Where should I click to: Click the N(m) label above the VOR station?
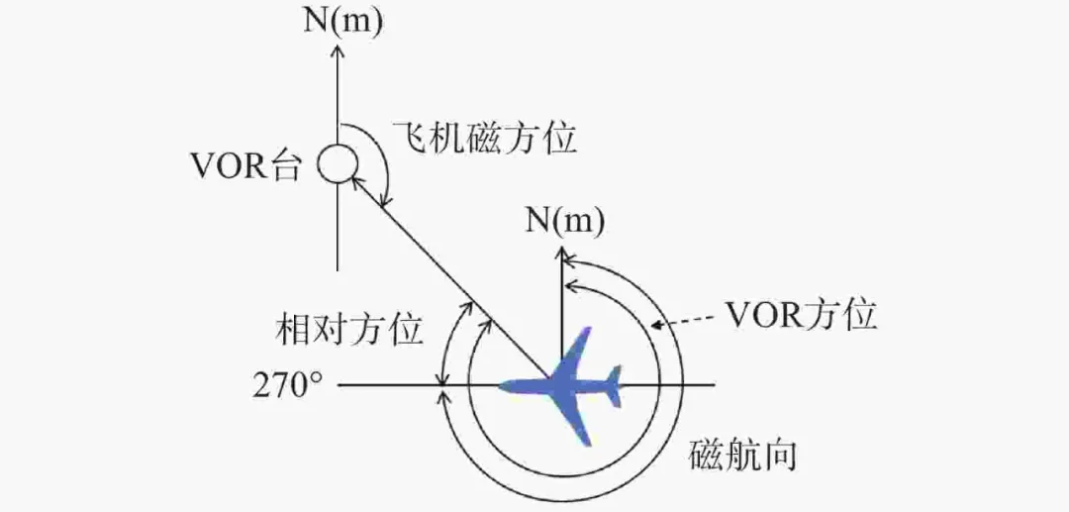[x=340, y=19]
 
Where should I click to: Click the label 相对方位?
[x=349, y=328]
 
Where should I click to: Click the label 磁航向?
[x=742, y=457]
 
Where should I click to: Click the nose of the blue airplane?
[x=506, y=385]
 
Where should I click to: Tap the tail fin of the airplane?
[x=614, y=384]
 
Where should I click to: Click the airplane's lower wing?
[x=578, y=423]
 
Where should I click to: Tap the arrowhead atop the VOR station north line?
[x=338, y=50]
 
